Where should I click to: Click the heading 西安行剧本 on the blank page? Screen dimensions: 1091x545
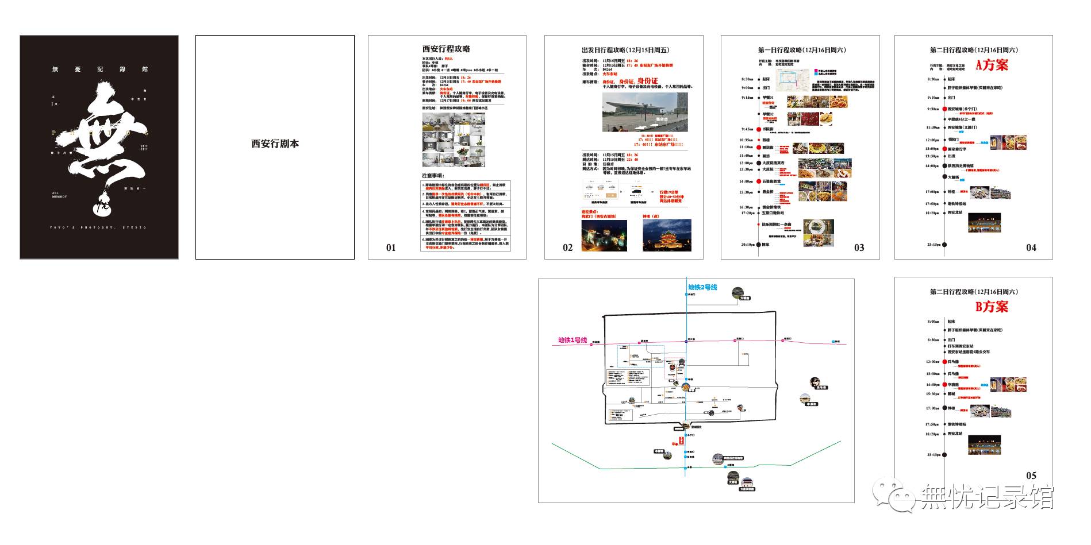[x=275, y=144]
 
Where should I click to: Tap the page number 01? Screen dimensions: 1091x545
[x=391, y=248]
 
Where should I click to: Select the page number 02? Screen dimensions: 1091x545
[x=567, y=248]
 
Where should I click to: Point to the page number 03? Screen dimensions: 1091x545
[x=859, y=248]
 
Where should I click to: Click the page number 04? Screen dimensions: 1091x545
[x=1031, y=248]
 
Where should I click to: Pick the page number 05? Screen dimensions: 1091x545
[x=1031, y=476]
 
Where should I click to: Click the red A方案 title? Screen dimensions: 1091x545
[x=992, y=65]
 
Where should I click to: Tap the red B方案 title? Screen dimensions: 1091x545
[x=992, y=307]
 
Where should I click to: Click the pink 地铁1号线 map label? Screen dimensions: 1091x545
[x=573, y=341]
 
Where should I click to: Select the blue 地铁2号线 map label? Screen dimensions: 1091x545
[x=702, y=287]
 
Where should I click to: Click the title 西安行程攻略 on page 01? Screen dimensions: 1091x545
[x=446, y=49]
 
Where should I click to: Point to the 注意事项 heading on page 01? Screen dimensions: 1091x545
[x=433, y=176]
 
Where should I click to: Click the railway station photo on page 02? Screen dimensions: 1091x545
[x=645, y=113]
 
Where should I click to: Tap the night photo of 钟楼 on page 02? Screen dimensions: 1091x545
[x=667, y=235]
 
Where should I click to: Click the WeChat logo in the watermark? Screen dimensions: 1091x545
[x=893, y=495]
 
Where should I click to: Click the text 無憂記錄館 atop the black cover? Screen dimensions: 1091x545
[x=99, y=69]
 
